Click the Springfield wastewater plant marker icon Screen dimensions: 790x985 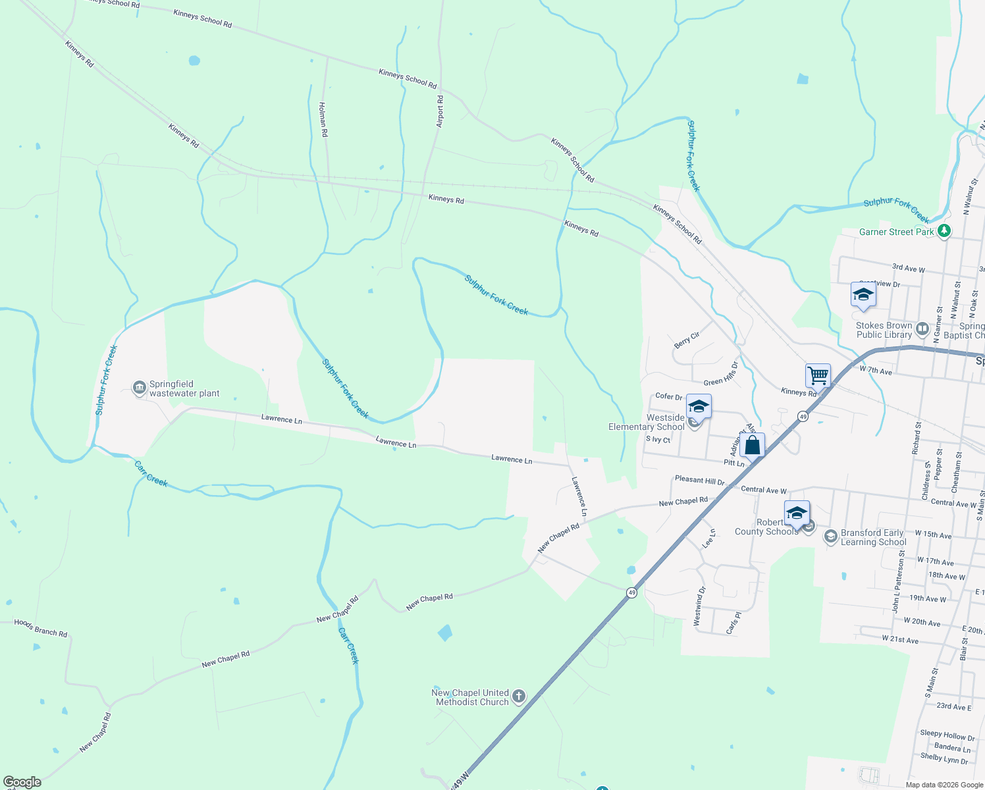tap(140, 388)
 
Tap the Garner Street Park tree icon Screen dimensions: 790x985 tap(944, 231)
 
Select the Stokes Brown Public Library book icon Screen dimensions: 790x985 tap(922, 329)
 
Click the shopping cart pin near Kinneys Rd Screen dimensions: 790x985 tap(818, 376)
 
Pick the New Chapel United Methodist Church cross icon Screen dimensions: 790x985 tap(519, 697)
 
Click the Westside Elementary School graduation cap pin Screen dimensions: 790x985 tap(699, 407)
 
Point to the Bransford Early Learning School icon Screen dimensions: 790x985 tap(831, 537)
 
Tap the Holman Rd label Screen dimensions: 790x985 tap(323, 119)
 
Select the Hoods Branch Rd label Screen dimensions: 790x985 tap(41, 628)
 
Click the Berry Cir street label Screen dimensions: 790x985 tap(687, 340)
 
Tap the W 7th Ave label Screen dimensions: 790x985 tap(876, 371)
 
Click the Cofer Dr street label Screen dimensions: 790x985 tap(669, 396)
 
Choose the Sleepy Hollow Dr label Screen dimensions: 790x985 tap(947, 735)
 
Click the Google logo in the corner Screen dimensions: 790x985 tap(22, 782)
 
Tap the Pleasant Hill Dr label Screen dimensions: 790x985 tap(699, 481)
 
